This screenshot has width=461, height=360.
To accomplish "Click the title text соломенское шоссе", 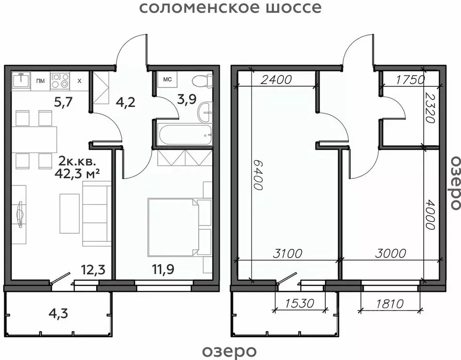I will click(x=230, y=8).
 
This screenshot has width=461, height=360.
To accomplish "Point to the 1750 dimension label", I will click(x=409, y=79).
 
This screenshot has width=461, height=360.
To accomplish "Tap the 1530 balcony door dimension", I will click(x=299, y=303).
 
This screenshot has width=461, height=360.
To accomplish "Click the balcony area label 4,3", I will click(x=58, y=313).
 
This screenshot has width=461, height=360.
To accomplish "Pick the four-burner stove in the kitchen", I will click(x=60, y=80).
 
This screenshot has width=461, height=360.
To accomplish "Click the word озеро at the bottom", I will click(x=230, y=351).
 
